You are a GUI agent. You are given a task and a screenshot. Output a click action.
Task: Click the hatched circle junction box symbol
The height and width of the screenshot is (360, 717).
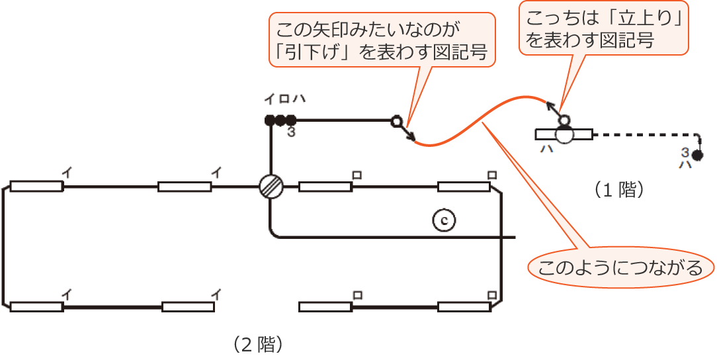(x=271, y=186)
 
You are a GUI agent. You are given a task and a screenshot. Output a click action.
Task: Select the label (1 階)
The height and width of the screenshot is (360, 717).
(x=618, y=190)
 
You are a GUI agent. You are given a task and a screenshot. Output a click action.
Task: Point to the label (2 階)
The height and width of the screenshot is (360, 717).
(x=259, y=344)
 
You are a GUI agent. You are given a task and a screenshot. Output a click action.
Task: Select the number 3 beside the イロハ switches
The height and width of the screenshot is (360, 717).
(x=290, y=132)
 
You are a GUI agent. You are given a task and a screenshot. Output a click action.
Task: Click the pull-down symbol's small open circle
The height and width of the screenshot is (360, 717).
(x=396, y=121)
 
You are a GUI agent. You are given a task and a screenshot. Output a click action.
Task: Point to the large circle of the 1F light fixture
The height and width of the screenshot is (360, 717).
(x=564, y=134)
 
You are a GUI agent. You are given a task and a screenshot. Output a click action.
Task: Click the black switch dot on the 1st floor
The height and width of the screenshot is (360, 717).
(x=696, y=157)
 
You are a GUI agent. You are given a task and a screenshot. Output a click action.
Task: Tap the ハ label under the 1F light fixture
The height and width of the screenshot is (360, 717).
(x=547, y=149)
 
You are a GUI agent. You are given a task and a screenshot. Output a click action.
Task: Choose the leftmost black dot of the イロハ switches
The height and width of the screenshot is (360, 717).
(x=269, y=120)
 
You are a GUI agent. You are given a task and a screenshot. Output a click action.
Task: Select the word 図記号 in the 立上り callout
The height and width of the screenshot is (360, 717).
(x=629, y=41)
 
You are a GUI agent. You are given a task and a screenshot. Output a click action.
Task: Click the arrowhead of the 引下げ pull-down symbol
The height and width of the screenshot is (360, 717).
(x=413, y=139)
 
